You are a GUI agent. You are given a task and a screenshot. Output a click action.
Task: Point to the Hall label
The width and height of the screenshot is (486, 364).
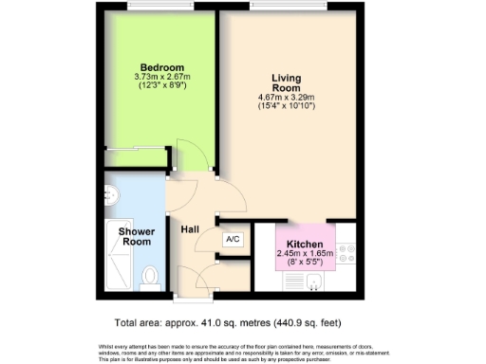(x=189, y=227)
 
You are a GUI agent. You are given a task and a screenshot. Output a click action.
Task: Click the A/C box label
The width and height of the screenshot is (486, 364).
(x=233, y=240)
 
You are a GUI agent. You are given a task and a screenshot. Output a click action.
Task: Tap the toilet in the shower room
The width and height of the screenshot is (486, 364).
(x=148, y=277)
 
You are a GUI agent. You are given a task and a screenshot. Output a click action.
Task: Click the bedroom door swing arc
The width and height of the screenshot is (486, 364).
(x=186, y=156)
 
